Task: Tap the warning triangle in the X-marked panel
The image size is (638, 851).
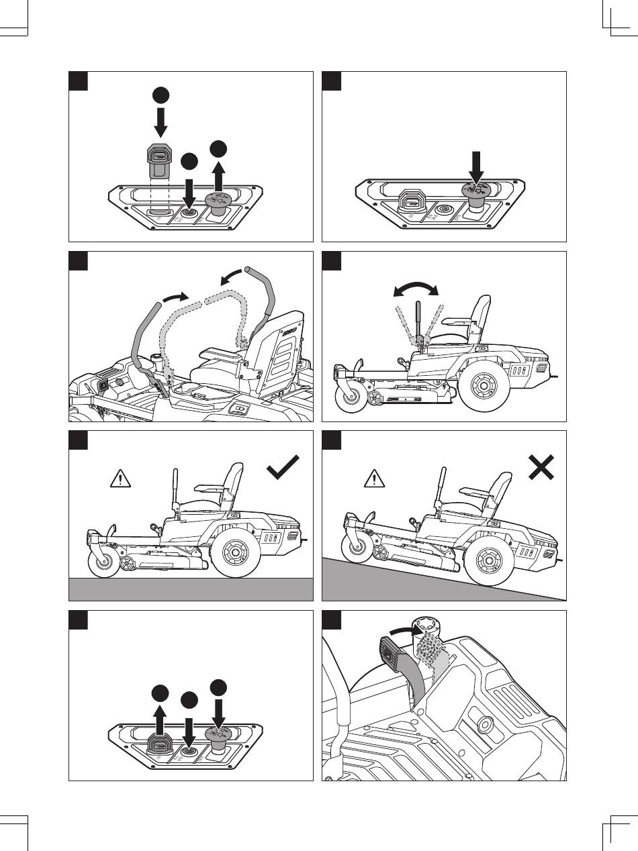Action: point(371,479)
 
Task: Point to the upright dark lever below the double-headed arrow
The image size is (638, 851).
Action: point(418,322)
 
